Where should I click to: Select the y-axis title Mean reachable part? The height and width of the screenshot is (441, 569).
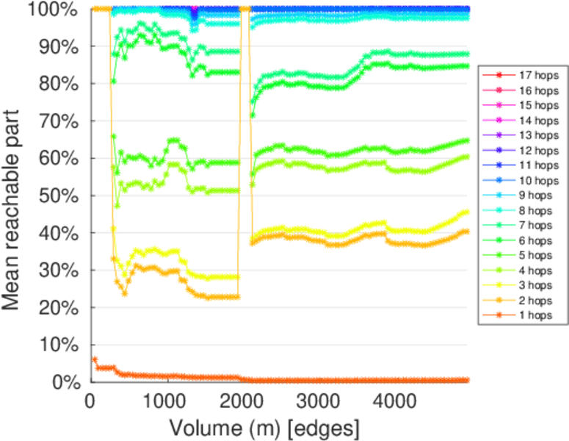click(x=16, y=195)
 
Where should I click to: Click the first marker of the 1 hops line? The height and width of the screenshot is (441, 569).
click(x=94, y=359)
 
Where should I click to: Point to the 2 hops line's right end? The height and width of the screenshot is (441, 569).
click(x=468, y=232)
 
